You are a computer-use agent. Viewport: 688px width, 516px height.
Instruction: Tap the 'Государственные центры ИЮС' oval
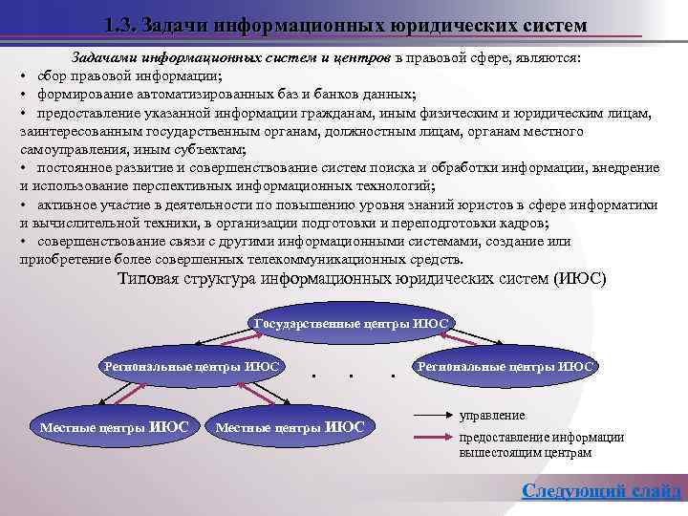point(351,323)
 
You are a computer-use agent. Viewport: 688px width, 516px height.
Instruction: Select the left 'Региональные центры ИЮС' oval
point(192,366)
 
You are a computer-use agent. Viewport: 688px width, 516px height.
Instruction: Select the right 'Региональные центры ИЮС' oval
point(505,366)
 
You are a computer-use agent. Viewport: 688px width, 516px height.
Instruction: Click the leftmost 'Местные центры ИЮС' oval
point(114,426)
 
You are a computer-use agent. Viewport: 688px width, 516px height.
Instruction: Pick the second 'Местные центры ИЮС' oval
point(290,426)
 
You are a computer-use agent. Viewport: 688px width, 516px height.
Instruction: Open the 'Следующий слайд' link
point(601,491)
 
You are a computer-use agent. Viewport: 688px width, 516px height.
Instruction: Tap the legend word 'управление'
point(492,416)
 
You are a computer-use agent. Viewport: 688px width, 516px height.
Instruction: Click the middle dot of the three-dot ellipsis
point(352,376)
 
